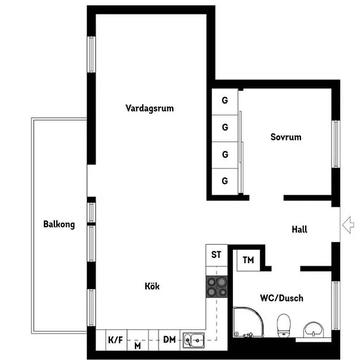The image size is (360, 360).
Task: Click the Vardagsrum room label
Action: point(149,108)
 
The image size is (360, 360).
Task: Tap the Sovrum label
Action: point(286,137)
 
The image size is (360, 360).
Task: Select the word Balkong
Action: point(59,225)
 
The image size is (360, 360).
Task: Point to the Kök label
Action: point(152,286)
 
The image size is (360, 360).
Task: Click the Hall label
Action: point(299,229)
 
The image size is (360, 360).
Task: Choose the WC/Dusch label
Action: point(281,298)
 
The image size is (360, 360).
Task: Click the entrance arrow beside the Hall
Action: point(348,225)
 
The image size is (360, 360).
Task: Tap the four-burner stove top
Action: point(217,287)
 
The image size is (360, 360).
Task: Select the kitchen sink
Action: point(194,340)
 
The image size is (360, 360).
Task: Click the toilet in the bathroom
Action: point(284,325)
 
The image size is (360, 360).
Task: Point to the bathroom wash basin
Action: point(314,330)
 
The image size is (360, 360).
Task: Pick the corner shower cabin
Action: point(248,322)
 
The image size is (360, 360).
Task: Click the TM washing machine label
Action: point(249,260)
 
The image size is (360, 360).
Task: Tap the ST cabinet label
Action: point(216,255)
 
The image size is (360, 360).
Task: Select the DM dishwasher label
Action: point(170,340)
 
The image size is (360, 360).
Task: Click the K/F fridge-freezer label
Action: point(115,340)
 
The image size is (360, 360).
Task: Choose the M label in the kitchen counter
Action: point(137,346)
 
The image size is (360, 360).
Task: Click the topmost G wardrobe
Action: point(225,101)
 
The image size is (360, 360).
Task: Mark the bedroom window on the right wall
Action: point(336,144)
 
